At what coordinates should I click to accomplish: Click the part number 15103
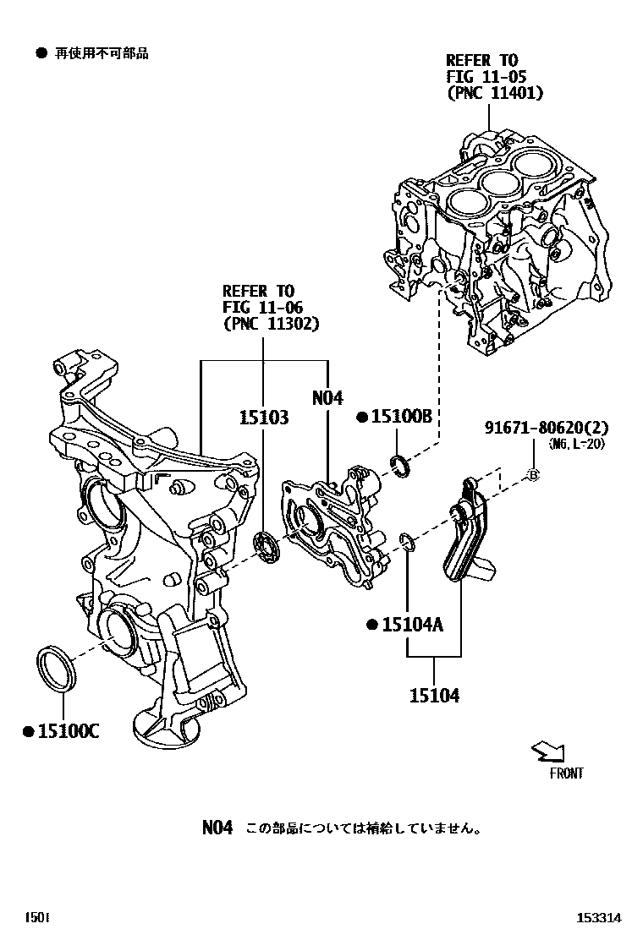pyautogui.click(x=262, y=418)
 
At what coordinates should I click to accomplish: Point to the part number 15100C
pyautogui.click(x=67, y=731)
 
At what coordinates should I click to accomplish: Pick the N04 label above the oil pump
pyautogui.click(x=327, y=397)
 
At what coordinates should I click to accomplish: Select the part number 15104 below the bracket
pyautogui.click(x=435, y=695)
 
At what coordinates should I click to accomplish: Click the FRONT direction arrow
pyautogui.click(x=547, y=750)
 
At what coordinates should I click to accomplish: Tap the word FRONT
pyautogui.click(x=565, y=773)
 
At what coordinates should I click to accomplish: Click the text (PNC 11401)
pyautogui.click(x=495, y=93)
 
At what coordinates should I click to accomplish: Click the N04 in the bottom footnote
pyautogui.click(x=217, y=828)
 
